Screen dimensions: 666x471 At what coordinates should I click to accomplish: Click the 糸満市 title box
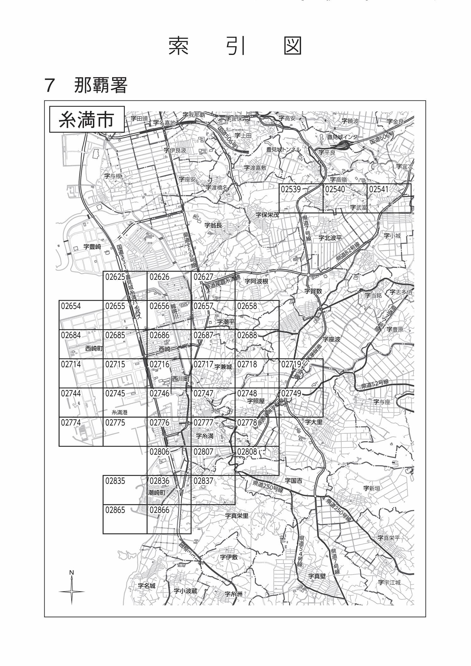click(86, 120)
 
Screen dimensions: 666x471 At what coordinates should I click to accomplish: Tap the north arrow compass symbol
click(72, 591)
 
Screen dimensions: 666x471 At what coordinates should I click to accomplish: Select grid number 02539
click(291, 189)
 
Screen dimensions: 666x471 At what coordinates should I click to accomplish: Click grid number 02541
click(378, 189)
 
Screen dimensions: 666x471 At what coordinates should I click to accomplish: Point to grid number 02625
click(115, 277)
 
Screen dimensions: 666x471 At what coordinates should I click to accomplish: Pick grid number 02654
click(71, 306)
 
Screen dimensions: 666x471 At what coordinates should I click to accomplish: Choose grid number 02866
click(160, 510)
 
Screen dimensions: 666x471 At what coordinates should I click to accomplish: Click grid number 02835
click(115, 481)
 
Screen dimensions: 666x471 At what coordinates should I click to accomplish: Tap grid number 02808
click(247, 452)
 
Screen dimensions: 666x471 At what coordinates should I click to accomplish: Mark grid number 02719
click(291, 364)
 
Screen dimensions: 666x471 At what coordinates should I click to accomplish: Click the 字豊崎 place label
click(92, 247)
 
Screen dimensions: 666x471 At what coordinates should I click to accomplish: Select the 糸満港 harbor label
click(120, 412)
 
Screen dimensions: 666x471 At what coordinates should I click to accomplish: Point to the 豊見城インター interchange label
click(345, 137)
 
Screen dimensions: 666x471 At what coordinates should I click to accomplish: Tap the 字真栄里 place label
click(237, 516)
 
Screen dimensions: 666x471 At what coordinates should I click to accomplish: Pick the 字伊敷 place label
click(229, 557)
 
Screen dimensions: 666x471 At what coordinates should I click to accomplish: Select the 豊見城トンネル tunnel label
click(284, 149)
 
